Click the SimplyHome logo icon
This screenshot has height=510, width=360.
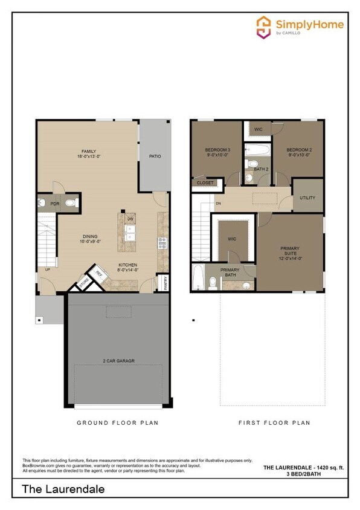(264, 27)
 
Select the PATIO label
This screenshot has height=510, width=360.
(155, 157)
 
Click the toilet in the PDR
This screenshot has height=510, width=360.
(71, 203)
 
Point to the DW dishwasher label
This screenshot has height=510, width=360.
(130, 218)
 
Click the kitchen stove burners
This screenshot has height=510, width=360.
(162, 242)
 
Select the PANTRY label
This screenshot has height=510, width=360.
(166, 283)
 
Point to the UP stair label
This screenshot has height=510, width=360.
(47, 270)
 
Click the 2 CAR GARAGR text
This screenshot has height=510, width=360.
(118, 361)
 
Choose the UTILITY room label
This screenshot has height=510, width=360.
(307, 198)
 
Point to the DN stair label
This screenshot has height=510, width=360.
(218, 203)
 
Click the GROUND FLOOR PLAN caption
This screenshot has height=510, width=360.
(118, 423)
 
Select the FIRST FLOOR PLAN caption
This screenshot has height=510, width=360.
(274, 423)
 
